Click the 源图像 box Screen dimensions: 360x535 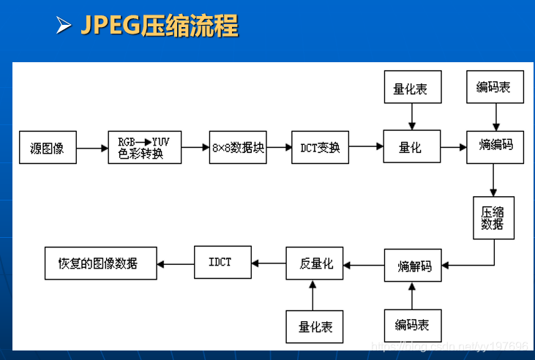tap(48, 147)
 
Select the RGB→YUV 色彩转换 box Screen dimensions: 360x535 tap(144, 146)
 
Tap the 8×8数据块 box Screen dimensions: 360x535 tap(237, 147)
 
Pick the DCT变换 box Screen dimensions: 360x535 tap(321, 147)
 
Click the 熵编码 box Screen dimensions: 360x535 tap(495, 145)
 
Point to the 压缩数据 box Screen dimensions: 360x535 tap(493, 217)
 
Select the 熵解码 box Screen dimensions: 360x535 tap(414, 266)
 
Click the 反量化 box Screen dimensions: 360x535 tap(314, 263)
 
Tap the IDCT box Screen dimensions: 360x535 tap(222, 261)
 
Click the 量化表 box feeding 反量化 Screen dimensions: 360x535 tap(314, 326)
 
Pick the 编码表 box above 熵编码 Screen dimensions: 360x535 tap(495, 87)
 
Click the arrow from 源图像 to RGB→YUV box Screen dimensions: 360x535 tap(92, 148)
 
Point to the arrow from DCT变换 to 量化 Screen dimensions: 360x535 tap(366, 147)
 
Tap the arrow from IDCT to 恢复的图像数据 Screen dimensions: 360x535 tap(176, 263)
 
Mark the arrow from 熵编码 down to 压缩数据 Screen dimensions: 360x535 tap(494, 180)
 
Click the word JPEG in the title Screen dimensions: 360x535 tap(110, 26)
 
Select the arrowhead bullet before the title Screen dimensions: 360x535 tap(64, 26)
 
